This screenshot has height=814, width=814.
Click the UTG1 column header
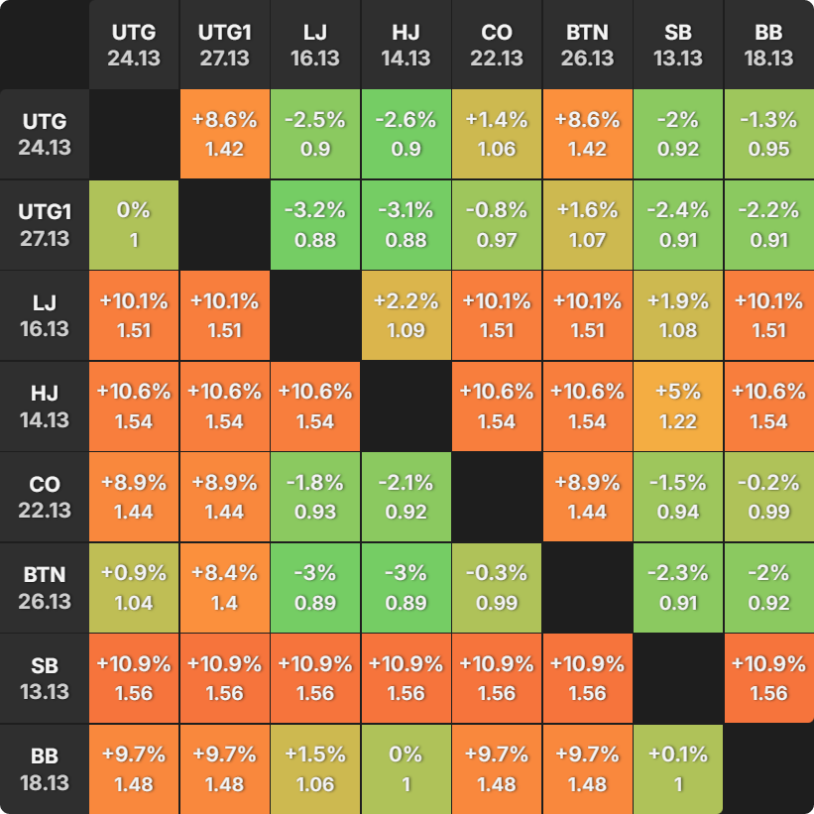pos(225,45)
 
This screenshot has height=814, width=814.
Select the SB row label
pos(45,678)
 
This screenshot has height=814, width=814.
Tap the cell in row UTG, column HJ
pos(406,134)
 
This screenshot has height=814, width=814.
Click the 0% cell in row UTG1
pos(134,225)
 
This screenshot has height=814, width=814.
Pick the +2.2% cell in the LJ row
pos(406,315)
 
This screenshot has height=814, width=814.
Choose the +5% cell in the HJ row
pos(678,406)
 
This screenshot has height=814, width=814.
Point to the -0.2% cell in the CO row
pos(769,497)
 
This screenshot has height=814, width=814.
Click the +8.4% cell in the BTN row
pos(225,588)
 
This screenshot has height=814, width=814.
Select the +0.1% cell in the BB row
pos(678,769)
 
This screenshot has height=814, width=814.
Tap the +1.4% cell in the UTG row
pos(497,134)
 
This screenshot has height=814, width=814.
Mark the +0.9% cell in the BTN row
pos(134,588)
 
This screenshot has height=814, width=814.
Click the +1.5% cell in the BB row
pos(315,769)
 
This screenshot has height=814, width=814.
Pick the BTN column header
pos(588,45)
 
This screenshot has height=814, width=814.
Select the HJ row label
pos(45,406)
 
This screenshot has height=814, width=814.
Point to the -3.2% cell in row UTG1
pos(315,225)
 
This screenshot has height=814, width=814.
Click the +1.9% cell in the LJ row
pos(678,315)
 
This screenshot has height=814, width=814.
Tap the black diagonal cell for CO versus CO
pos(497,497)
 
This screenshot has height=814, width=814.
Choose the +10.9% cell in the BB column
pos(769,678)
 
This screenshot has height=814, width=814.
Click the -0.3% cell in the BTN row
pos(497,588)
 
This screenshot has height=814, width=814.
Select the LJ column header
pos(315,45)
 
